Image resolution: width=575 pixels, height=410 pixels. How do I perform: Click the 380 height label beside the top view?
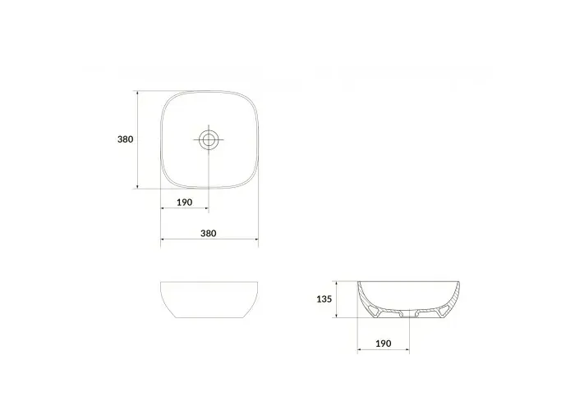[125, 139]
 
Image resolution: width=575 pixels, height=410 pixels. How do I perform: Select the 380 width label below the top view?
[209, 234]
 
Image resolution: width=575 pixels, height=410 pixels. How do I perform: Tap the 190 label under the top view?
[185, 203]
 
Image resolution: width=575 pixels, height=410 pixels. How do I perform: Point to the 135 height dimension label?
[324, 299]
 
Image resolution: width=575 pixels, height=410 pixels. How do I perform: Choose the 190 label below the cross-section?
[384, 344]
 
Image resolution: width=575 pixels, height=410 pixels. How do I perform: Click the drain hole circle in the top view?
[209, 139]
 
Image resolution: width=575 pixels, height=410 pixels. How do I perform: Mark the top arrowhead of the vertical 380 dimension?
[137, 93]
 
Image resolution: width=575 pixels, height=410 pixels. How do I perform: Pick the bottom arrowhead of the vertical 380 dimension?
[137, 186]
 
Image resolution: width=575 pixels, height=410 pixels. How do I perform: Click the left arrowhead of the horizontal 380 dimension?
[163, 239]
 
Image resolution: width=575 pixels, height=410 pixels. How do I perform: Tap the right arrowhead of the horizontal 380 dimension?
[255, 239]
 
